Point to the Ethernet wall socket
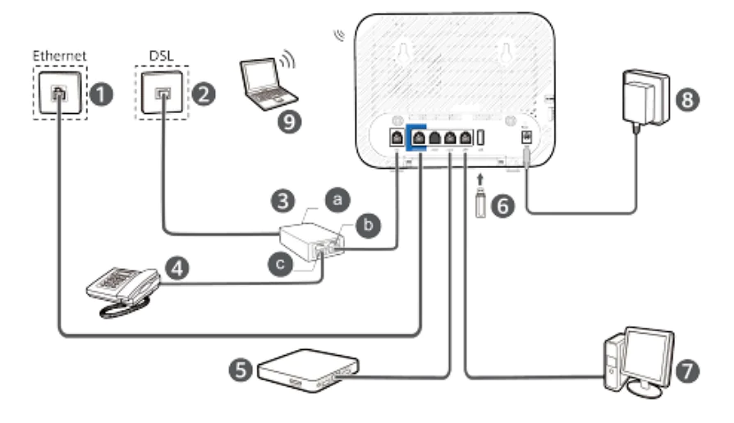coord(58,95)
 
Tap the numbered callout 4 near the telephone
coord(175,267)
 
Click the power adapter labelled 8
coord(646,97)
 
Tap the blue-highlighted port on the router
coord(420,139)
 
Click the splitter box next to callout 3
coord(311,243)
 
